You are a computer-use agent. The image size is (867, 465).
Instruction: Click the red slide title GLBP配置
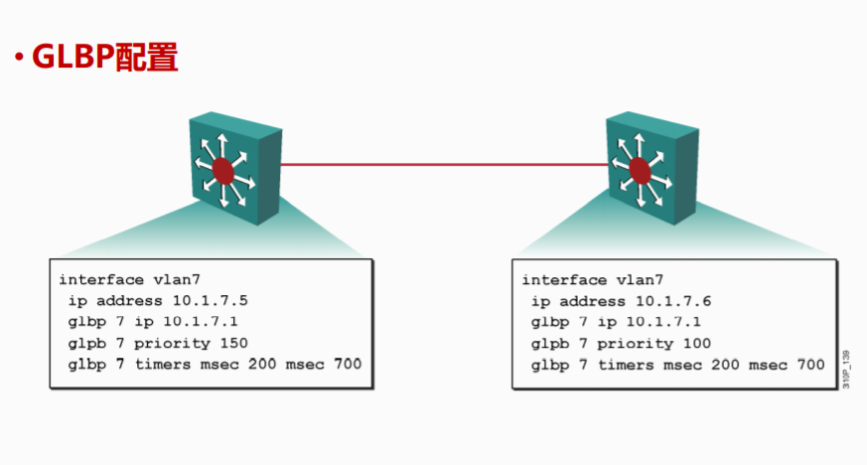tap(104, 56)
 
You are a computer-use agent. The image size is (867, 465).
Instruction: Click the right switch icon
tap(650, 163)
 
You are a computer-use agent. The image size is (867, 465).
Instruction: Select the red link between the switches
tap(442, 164)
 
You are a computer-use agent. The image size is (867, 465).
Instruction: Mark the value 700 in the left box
tap(348, 365)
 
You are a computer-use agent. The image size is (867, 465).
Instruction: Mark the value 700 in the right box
tap(810, 365)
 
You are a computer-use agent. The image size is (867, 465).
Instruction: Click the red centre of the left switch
tap(223, 172)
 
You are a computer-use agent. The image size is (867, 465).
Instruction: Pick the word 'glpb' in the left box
tap(86, 344)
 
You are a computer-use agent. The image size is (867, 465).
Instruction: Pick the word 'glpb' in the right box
tap(549, 344)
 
